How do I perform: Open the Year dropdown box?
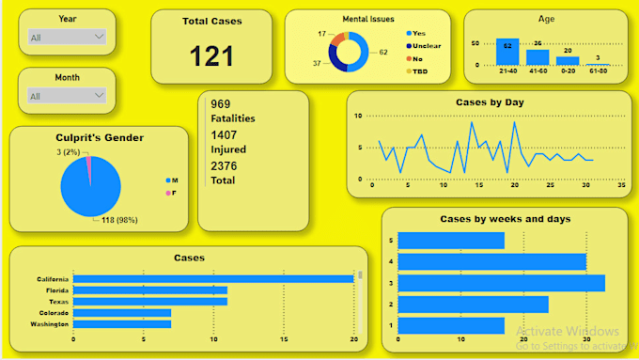(x=67, y=37)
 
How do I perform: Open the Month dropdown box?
(x=67, y=96)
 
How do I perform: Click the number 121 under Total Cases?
(x=211, y=55)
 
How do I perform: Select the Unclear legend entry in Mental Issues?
(x=424, y=45)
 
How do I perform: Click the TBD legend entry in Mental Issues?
(x=420, y=70)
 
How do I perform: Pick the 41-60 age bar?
(x=538, y=56)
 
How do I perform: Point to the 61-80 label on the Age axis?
(x=598, y=71)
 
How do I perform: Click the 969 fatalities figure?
(x=221, y=104)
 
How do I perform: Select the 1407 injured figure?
(x=223, y=134)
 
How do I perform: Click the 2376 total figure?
(x=224, y=165)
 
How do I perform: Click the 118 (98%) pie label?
(x=120, y=220)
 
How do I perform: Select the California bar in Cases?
(x=213, y=279)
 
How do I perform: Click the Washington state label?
(x=48, y=324)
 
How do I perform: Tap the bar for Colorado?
(x=122, y=313)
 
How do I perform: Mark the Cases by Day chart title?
(x=489, y=102)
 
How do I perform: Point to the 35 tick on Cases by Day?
(x=621, y=185)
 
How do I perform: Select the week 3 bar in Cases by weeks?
(x=502, y=283)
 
